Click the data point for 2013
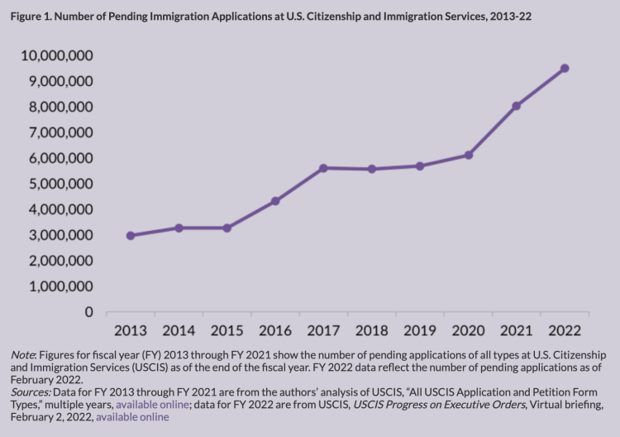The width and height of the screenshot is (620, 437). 131,236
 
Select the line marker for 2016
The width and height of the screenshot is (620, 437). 275,201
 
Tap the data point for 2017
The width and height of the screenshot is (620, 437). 323,168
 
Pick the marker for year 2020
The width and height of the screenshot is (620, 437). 468,155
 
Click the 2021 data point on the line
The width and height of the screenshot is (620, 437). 516,106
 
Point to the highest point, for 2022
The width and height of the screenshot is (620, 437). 565,68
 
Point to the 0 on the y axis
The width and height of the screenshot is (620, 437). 87,312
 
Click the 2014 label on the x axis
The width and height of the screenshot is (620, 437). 179,331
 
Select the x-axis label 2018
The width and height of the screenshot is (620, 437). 371,331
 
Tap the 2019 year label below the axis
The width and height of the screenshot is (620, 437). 420,331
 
